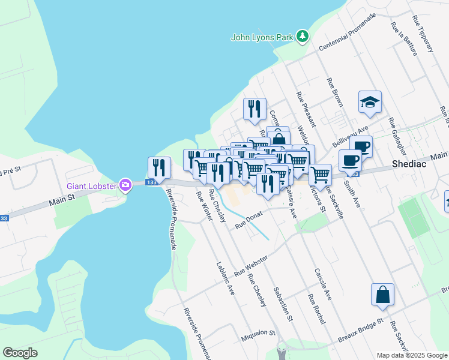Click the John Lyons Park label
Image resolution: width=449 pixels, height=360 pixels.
pos(262,37)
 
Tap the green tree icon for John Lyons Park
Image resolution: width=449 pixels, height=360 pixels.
pos(303,37)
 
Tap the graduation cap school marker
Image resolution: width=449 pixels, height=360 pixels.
pos(370,103)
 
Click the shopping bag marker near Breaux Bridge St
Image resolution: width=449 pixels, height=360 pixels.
pos(382,295)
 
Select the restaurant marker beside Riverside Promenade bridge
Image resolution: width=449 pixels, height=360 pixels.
pos(159,167)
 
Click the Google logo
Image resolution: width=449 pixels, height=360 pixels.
pos(20,353)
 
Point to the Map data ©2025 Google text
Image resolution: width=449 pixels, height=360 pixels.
pos(411,355)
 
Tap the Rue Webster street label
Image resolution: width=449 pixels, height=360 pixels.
pos(250,265)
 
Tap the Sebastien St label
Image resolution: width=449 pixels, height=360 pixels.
pos(282,305)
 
